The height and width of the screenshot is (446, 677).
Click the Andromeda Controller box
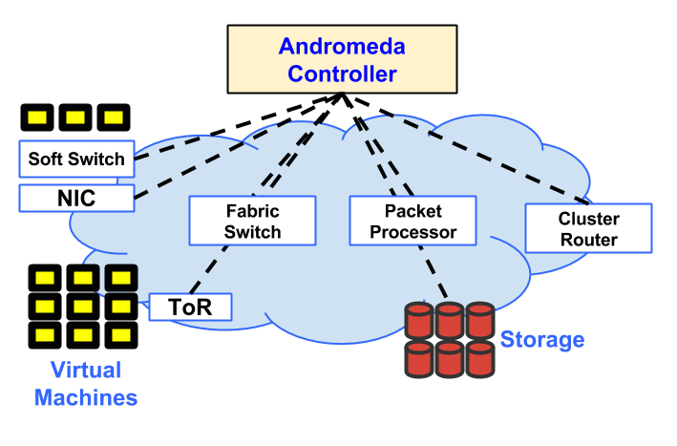pyautogui.click(x=342, y=59)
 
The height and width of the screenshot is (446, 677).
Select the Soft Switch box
pyautogui.click(x=76, y=159)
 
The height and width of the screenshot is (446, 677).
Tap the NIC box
pyautogui.click(x=76, y=198)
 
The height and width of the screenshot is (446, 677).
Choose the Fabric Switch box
pyautogui.click(x=252, y=221)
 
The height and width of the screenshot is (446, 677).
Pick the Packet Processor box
pyautogui.click(x=413, y=221)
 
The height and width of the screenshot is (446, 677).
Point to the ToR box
pyautogui.click(x=190, y=307)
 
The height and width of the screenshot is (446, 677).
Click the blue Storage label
pyautogui.click(x=542, y=340)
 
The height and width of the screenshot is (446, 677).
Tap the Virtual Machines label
pyautogui.click(x=86, y=384)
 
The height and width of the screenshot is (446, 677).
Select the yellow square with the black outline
pyautogui.click(x=121, y=278)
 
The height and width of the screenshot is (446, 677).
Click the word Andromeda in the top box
pyautogui.click(x=342, y=46)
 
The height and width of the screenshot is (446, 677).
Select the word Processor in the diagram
pyautogui.click(x=413, y=231)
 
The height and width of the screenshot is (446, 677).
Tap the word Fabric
pyautogui.click(x=252, y=210)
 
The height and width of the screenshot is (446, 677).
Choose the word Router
pyautogui.click(x=589, y=240)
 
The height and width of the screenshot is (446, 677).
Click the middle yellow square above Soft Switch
pyautogui.click(x=75, y=117)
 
